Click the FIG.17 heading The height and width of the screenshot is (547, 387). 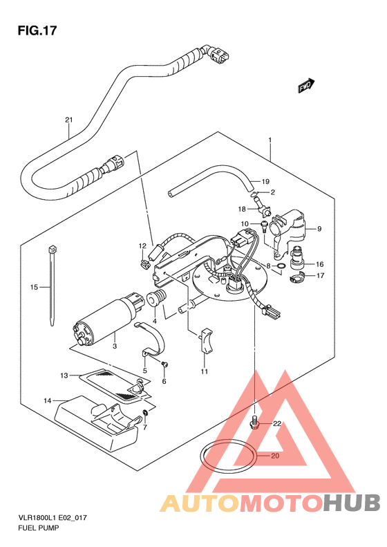click(x=37, y=30)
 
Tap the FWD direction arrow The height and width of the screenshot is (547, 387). click(x=306, y=86)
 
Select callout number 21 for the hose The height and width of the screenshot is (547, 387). click(x=69, y=120)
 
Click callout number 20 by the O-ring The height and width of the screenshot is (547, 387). click(x=275, y=456)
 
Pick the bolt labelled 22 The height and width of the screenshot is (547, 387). click(x=255, y=423)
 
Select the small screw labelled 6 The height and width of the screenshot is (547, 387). click(x=164, y=364)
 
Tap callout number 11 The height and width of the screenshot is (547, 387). click(x=205, y=371)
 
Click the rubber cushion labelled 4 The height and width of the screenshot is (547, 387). click(x=156, y=299)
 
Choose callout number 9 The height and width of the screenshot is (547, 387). click(x=319, y=229)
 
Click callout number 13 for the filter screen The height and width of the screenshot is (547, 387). click(x=64, y=376)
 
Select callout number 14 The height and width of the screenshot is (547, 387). click(x=48, y=400)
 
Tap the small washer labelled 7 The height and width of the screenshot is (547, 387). click(x=145, y=414)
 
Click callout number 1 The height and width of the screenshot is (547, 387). click(x=270, y=140)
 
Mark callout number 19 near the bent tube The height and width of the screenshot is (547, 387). click(x=265, y=181)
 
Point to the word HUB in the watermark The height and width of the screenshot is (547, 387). click(x=351, y=503)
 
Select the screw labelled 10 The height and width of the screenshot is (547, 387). click(x=264, y=225)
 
